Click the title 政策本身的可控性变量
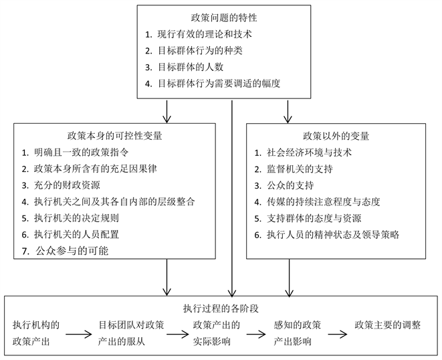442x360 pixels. click(x=115, y=135)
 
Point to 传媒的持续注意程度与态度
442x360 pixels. click(x=322, y=201)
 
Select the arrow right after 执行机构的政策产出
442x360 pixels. click(x=78, y=333)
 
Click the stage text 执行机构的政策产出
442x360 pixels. click(x=37, y=333)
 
